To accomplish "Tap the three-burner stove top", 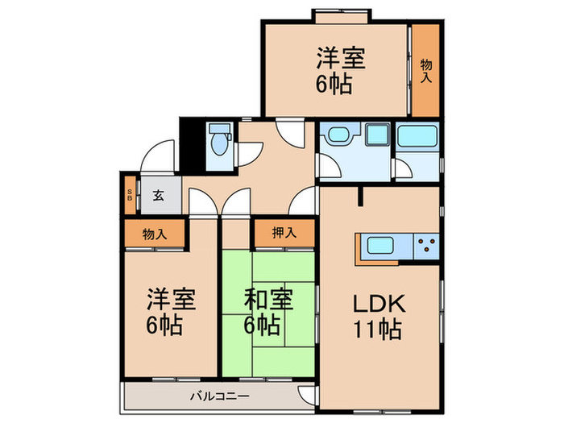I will point(425,244).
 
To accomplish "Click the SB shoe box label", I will point(131,194).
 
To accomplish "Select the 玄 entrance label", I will point(159,194).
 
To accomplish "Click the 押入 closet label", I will point(282,234).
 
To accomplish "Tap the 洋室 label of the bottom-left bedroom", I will point(165,300).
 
